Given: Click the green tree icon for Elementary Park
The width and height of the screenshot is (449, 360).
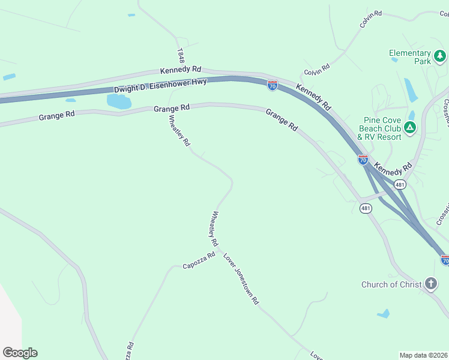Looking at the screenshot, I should (x=441, y=56).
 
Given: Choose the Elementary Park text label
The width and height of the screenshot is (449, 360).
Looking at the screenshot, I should (x=410, y=57).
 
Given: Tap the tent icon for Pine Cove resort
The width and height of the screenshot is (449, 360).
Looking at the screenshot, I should (x=410, y=127).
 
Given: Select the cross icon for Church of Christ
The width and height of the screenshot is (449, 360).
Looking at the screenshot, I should (x=430, y=283).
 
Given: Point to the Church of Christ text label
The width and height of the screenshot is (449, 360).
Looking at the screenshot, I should (x=391, y=284).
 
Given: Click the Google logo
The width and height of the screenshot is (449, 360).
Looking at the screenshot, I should (x=20, y=353).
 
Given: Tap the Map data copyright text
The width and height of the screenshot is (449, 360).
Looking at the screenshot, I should (x=423, y=355).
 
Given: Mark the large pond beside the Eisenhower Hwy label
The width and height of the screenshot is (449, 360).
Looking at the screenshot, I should (x=119, y=101).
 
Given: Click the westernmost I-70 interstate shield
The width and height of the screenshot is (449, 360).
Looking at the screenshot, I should (x=273, y=86).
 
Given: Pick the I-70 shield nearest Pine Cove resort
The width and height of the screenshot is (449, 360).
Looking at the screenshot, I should (x=363, y=160).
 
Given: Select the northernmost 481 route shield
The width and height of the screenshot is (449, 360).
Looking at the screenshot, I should (x=400, y=184).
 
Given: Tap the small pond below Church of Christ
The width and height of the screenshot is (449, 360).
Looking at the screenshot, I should (x=383, y=314).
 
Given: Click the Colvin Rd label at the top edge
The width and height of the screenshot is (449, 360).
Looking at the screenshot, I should (x=370, y=19).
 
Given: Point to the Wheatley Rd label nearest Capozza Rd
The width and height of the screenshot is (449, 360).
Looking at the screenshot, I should (x=212, y=229).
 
